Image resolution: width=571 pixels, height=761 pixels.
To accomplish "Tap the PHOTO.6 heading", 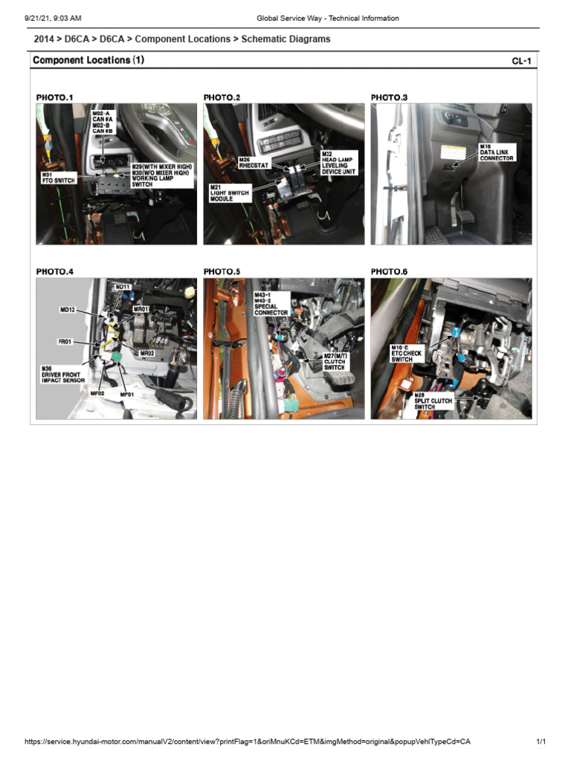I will [x=390, y=272].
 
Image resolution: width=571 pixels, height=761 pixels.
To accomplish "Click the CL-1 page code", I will [x=521, y=61].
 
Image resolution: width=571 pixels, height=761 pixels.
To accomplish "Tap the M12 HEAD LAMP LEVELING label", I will [x=338, y=163].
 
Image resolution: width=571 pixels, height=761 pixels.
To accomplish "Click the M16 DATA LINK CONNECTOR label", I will [x=497, y=152].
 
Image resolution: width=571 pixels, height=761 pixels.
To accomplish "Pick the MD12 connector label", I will [x=68, y=309].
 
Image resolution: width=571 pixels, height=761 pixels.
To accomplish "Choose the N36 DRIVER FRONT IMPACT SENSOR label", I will [x=64, y=374].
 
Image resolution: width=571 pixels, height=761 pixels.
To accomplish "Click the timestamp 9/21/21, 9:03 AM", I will [x=53, y=18].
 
